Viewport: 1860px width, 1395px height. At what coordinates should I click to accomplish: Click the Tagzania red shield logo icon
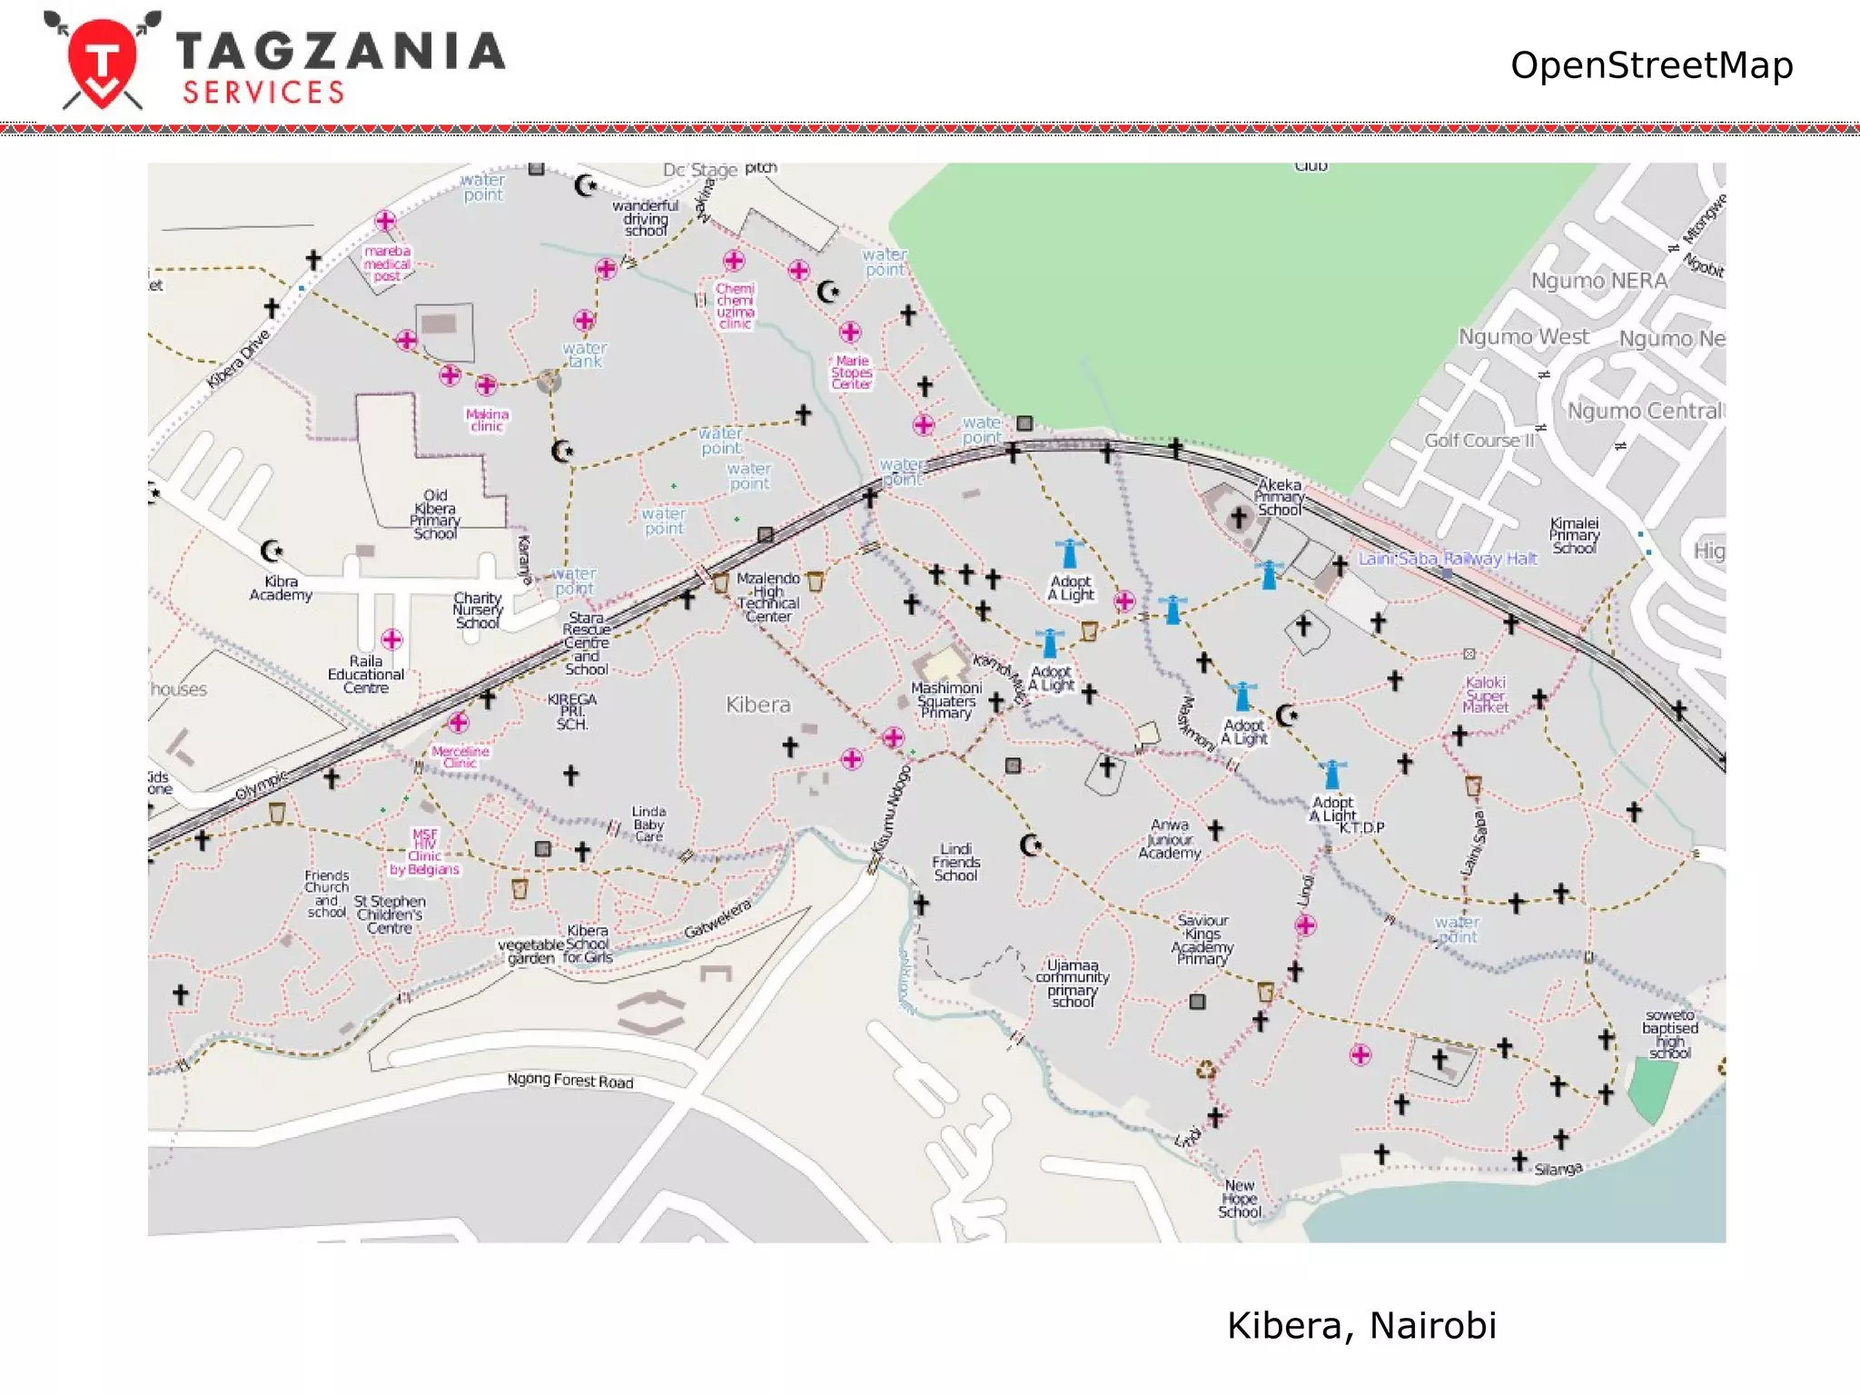coord(103,62)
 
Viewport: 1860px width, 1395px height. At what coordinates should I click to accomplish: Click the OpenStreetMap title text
coord(1650,65)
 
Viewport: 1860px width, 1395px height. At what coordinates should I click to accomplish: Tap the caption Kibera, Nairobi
coord(1360,1325)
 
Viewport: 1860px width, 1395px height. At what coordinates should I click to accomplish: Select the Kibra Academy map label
coord(281,589)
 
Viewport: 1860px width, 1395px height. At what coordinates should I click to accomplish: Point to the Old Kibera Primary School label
coord(435,515)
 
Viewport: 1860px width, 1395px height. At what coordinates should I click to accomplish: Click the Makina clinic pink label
coord(487,420)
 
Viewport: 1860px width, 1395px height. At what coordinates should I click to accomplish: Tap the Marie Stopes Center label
coord(851,372)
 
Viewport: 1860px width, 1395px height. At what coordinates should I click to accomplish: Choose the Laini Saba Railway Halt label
coord(1447,559)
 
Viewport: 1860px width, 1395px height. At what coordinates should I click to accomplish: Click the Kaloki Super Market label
coord(1486,695)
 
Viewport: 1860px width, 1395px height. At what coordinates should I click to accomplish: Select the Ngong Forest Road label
coord(569,1080)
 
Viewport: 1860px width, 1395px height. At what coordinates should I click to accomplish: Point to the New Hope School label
coord(1240,1199)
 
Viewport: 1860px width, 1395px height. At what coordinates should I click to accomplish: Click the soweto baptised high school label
coord(1669,1034)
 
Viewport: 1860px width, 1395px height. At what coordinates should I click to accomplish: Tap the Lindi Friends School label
coord(955,862)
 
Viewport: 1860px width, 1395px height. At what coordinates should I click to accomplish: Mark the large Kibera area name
coord(757,705)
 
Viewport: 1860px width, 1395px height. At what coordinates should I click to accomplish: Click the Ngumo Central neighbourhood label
coord(1643,411)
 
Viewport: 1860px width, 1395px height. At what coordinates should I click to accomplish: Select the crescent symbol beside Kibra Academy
coord(271,550)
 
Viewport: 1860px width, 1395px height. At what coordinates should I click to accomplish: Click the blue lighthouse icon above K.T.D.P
coord(1332,775)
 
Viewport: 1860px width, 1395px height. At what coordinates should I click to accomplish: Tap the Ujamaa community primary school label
coord(1073,983)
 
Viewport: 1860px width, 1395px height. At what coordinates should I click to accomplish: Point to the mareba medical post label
coord(387,263)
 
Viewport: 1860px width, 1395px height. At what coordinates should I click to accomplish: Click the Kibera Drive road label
coord(238,360)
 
